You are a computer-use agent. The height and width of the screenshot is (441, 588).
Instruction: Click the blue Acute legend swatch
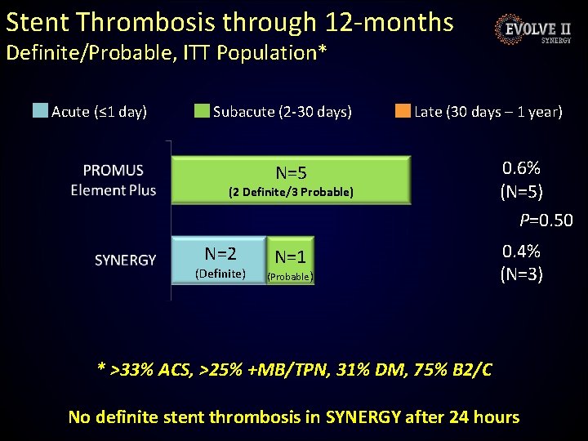click(x=40, y=111)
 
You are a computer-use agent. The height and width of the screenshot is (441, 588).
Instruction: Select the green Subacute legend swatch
click(x=202, y=111)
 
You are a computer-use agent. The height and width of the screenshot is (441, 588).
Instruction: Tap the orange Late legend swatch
click(x=403, y=111)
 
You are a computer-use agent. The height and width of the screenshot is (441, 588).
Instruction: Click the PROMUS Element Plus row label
click(x=113, y=180)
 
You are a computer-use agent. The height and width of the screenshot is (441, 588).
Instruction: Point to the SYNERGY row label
click(x=125, y=260)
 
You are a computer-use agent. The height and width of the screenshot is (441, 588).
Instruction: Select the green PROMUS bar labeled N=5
click(x=291, y=180)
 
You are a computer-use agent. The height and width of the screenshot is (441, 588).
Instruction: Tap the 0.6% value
click(x=521, y=168)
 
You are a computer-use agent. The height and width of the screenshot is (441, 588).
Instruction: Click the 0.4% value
click(x=521, y=251)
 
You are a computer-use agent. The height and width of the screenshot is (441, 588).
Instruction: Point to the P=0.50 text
click(x=546, y=220)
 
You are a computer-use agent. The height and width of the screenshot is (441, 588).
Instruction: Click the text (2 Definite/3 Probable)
click(x=291, y=192)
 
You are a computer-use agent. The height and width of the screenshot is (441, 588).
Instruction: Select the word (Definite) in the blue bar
click(x=220, y=274)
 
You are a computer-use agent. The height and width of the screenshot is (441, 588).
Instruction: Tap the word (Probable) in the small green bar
click(x=290, y=277)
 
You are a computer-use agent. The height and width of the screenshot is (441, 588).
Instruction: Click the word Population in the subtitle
click(x=262, y=53)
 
